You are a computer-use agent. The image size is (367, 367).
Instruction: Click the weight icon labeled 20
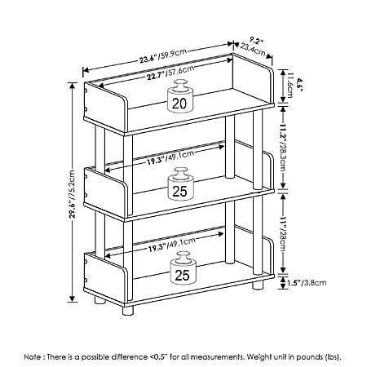pos(180,95)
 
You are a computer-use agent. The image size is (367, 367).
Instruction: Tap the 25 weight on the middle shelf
pos(180,184)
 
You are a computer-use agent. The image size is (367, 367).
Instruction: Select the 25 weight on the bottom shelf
pos(183,268)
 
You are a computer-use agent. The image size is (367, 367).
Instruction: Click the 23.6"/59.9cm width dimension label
pos(163,55)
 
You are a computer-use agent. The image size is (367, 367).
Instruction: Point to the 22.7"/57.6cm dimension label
pos(170,73)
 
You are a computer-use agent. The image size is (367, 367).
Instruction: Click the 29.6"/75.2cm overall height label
pos(72,194)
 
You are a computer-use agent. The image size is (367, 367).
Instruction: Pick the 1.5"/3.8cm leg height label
pos(307,283)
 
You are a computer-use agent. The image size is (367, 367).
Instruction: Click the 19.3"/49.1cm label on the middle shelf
pos(170,157)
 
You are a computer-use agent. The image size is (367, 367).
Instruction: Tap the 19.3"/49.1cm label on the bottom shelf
pos(172,244)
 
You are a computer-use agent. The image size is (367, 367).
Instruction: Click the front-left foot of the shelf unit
pos(128,311)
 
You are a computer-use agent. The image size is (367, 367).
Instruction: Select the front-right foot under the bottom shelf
pos(258,285)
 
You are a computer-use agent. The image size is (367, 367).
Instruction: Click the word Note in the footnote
pos(33,356)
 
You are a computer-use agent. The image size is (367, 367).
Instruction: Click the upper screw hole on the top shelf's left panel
pos(86,91)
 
